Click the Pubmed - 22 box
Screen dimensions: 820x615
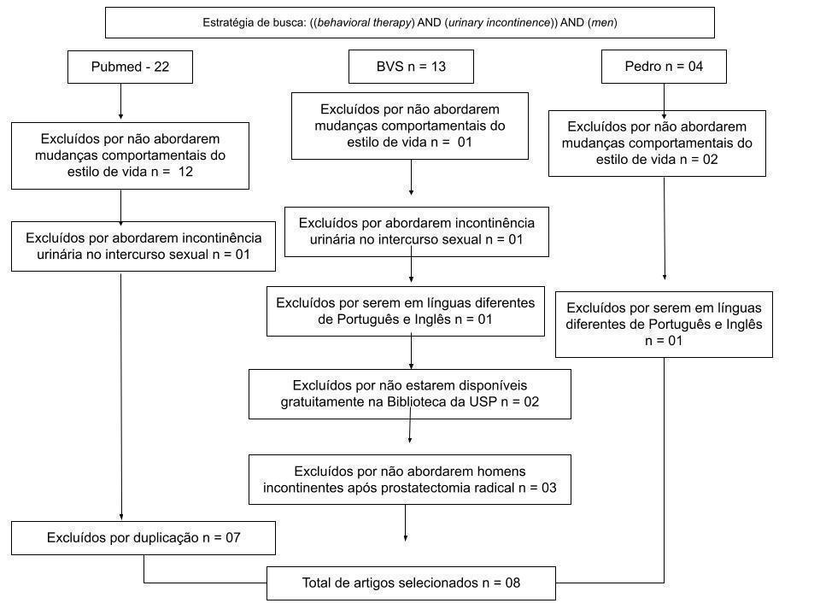(130, 67)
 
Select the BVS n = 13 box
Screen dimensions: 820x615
(411, 67)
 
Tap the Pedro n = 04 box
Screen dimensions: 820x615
(664, 67)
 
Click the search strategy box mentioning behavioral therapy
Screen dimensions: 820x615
(409, 22)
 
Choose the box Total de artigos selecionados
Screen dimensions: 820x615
(411, 583)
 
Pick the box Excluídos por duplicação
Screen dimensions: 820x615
(143, 538)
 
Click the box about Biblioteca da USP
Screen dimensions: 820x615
(409, 395)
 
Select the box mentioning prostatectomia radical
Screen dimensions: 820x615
(409, 479)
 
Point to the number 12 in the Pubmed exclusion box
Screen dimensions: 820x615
(185, 172)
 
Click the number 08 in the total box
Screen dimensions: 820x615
(512, 583)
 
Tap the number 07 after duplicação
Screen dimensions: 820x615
(232, 538)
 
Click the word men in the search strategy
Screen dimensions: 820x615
(602, 22)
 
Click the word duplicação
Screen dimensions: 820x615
(167, 539)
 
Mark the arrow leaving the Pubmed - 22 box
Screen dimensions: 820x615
(120, 102)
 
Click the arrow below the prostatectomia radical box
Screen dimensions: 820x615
(405, 523)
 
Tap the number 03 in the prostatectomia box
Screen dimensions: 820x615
(548, 488)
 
